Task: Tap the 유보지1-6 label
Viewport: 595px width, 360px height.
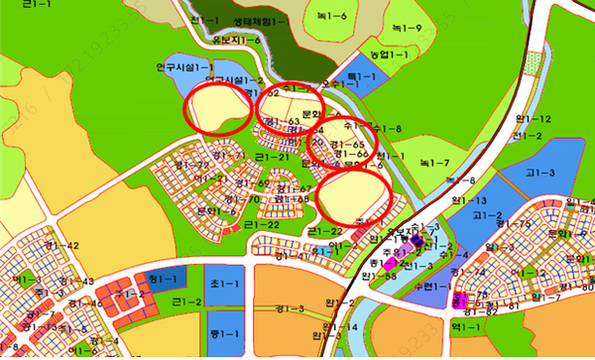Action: [236, 39]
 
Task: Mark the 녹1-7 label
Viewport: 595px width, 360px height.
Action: [434, 162]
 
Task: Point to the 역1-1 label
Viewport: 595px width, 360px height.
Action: [464, 324]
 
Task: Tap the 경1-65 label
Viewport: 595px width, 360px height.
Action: [352, 145]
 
